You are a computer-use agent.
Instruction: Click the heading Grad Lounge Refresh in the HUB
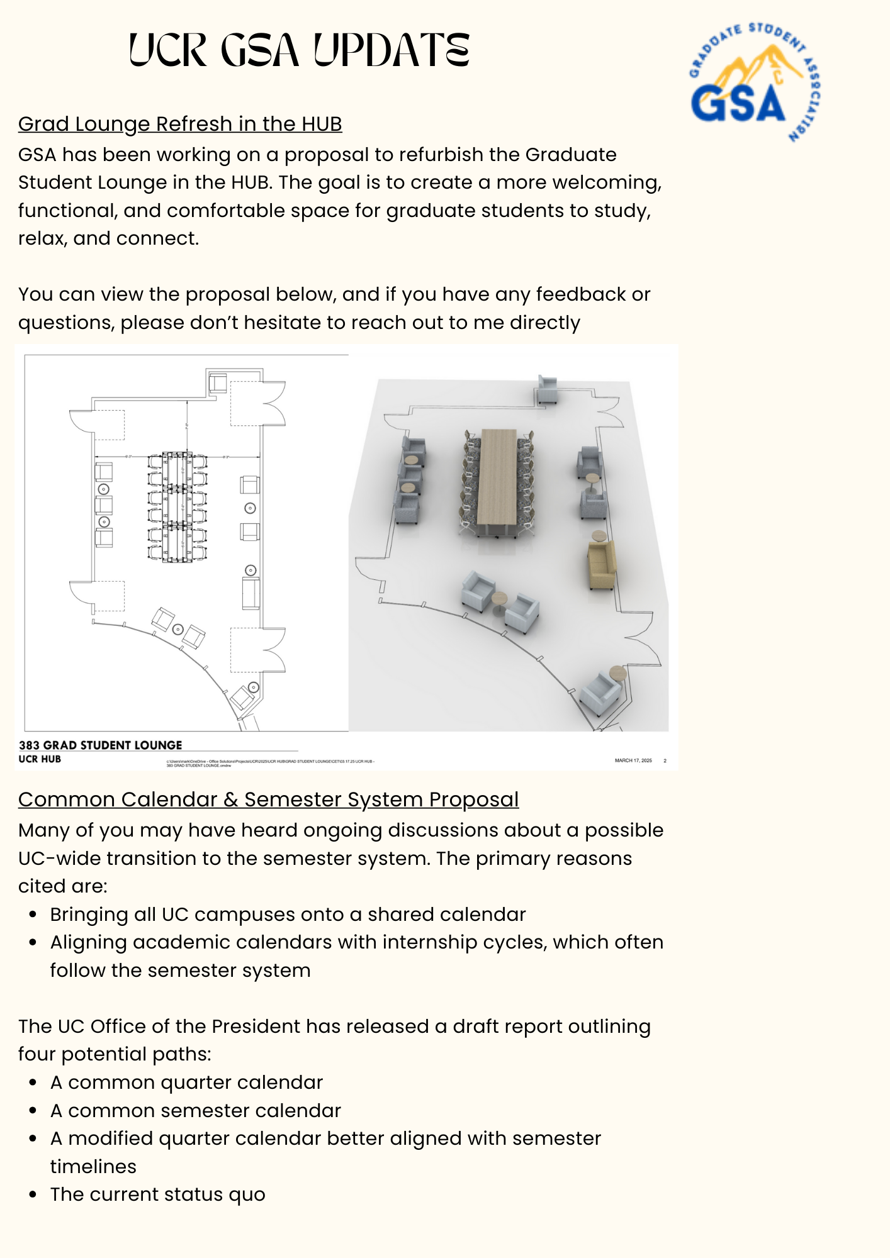180,124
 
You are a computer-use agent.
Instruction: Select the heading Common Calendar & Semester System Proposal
268,799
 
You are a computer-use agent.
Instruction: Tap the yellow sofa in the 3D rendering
601,564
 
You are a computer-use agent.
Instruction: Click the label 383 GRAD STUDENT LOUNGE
100,745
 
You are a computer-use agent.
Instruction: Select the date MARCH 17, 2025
633,760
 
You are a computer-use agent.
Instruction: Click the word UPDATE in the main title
391,50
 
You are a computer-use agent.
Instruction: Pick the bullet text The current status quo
158,1194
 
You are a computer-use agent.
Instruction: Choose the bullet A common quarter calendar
186,1082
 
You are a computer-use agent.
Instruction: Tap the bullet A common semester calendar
195,1110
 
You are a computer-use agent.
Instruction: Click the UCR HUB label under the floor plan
40,759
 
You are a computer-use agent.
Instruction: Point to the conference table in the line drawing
177,506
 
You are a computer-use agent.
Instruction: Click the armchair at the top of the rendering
547,390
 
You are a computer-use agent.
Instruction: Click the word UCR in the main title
168,50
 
